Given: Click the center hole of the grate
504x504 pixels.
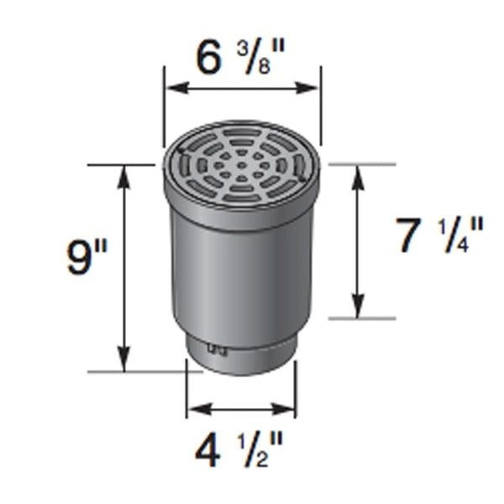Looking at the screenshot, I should (241, 165).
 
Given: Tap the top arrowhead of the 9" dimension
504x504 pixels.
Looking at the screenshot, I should (124, 174).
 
